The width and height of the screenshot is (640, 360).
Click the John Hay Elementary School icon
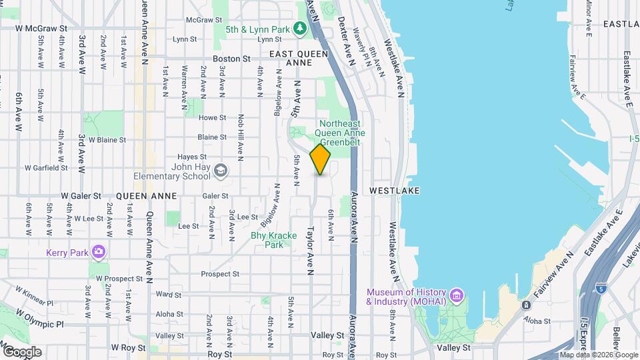pyautogui.click(x=221, y=172)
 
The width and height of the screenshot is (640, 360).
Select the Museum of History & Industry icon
pyautogui.click(x=456, y=295)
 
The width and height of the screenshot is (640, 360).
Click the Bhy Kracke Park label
pyautogui.click(x=267, y=240)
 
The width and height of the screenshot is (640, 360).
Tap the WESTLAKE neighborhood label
pyautogui.click(x=396, y=191)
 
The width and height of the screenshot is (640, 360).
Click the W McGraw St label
pyautogui.click(x=41, y=29)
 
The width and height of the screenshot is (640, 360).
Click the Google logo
pyautogui.click(x=21, y=351)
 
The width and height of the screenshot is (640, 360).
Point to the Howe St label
pyautogui.click(x=213, y=117)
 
